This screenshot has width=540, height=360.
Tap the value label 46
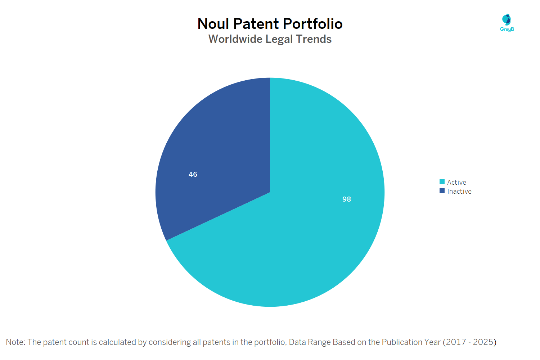193,174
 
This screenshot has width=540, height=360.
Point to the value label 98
346,199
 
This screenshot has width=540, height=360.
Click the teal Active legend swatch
442,182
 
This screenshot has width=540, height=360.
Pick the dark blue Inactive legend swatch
442,191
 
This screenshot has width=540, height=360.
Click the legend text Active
456,183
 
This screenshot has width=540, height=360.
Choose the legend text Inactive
459,192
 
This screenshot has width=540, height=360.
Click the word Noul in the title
213,24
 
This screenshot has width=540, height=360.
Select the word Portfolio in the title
312,24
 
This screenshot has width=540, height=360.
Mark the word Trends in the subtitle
314,39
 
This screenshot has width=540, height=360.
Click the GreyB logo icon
507,19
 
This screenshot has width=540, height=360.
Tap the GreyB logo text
507,30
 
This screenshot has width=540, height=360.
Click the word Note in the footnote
15,342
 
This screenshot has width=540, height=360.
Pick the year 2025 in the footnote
483,342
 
